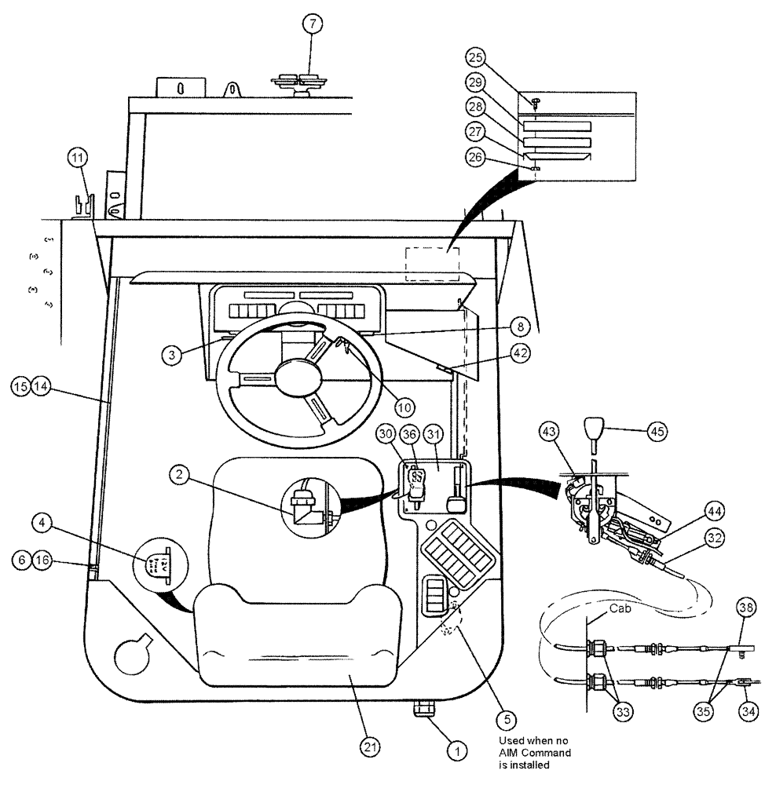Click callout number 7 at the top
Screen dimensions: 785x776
tap(312, 24)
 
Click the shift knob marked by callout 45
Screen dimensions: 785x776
tap(592, 433)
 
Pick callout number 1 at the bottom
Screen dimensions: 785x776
tap(452, 749)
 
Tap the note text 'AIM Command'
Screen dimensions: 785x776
tap(535, 753)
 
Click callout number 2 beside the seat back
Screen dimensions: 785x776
tap(181, 474)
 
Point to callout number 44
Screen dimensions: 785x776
tap(715, 511)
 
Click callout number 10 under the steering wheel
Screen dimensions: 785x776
tap(404, 407)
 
